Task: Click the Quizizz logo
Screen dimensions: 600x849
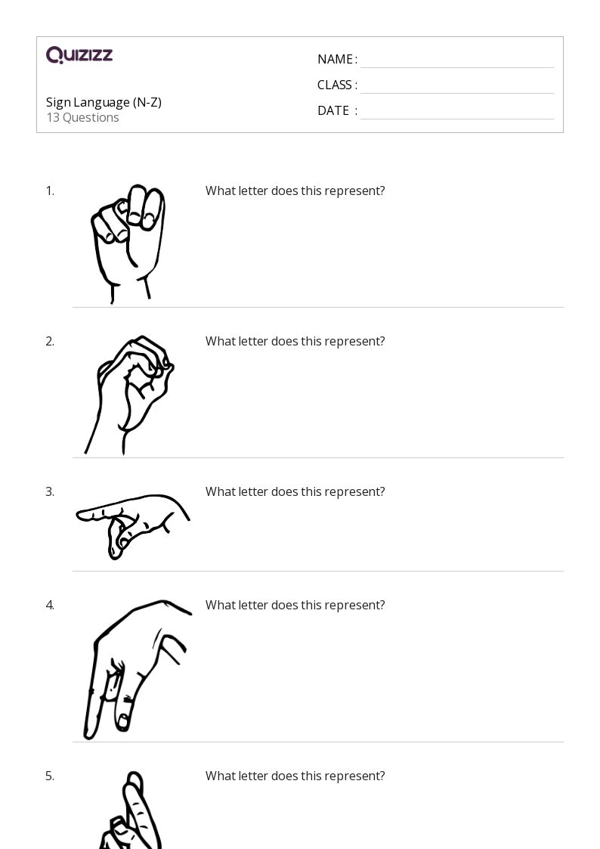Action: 79,54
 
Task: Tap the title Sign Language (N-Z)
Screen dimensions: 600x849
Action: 104,102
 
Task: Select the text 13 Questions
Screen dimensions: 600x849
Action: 83,117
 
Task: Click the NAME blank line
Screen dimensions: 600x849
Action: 457,68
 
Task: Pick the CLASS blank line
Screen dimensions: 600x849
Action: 457,93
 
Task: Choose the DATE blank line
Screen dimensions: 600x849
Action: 457,119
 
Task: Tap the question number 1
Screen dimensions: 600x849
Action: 50,191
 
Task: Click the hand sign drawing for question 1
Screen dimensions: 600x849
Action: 128,243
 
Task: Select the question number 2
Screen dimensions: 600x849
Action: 50,341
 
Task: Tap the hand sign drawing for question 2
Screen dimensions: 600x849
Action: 128,395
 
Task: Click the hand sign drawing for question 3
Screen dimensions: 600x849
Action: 132,525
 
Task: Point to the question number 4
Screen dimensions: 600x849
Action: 50,605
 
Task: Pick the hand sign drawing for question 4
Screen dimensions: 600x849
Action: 138,669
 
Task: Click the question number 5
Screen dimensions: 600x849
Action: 50,776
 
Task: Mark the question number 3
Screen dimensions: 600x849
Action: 50,491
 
